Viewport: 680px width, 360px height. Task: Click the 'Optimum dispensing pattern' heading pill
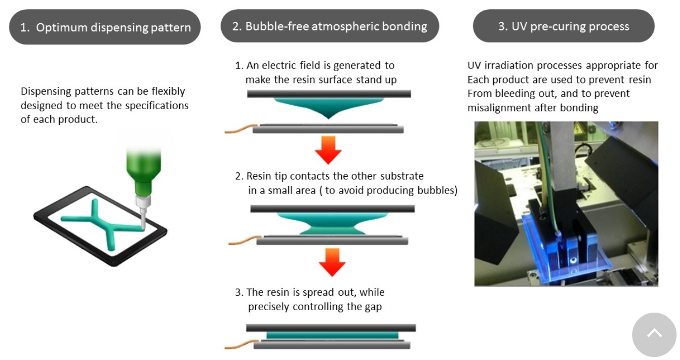pos(105,27)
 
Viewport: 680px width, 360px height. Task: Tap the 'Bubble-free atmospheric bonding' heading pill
pos(329,26)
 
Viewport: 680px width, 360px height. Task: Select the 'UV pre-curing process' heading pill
pos(563,26)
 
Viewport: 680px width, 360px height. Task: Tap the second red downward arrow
pos(332,262)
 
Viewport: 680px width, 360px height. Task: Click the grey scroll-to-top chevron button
pos(654,334)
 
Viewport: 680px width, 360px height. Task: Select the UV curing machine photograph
pos(566,203)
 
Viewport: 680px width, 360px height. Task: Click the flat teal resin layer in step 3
pos(332,335)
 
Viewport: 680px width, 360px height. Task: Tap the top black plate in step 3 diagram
pos(331,327)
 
